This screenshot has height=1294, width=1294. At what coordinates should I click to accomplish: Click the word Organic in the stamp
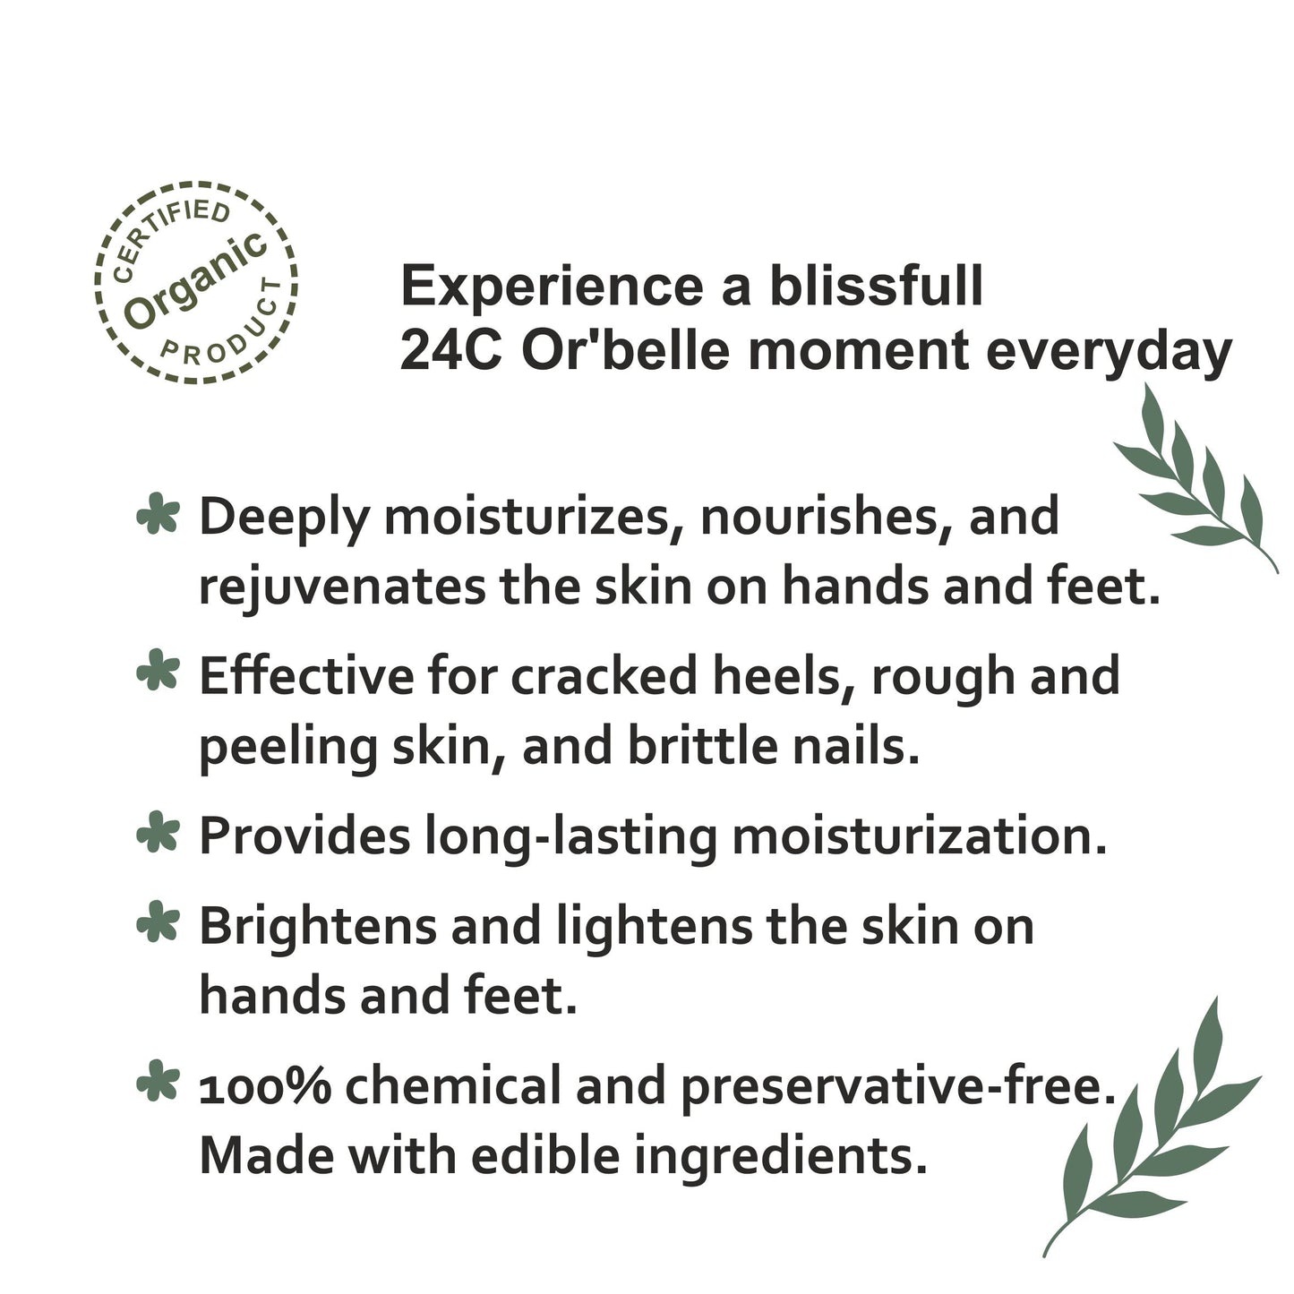[x=196, y=279]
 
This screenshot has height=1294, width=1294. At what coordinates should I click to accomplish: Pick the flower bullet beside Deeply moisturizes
[x=158, y=517]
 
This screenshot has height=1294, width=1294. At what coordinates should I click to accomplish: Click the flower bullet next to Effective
[x=158, y=673]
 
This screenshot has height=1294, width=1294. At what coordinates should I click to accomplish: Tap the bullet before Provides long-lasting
[x=158, y=834]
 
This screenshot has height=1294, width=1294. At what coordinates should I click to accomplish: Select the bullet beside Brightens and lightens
[x=158, y=924]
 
